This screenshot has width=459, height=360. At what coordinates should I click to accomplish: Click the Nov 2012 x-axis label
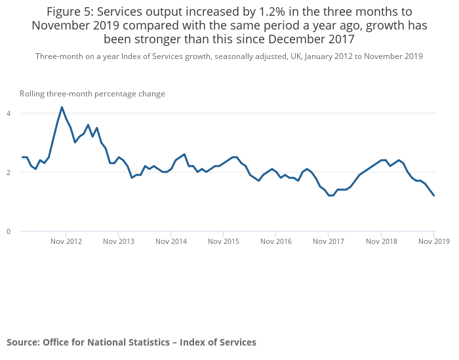[66, 241]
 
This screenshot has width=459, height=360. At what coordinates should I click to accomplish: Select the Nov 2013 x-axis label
[118, 241]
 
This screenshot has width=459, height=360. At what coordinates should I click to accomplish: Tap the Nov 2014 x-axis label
[170, 241]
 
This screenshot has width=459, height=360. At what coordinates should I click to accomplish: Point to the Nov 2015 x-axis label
[224, 241]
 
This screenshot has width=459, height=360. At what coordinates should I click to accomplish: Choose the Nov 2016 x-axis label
[276, 241]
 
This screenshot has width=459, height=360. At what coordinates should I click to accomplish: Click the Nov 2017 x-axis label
[329, 241]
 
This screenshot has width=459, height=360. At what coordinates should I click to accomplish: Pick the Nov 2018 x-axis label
[382, 241]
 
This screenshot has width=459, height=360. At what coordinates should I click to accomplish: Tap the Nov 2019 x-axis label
[434, 241]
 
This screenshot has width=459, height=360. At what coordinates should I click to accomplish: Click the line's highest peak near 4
[62, 108]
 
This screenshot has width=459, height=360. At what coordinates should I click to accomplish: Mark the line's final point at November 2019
[434, 195]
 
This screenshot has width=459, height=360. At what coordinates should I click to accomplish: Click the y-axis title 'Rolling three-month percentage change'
[92, 94]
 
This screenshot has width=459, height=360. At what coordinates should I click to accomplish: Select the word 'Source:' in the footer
[23, 342]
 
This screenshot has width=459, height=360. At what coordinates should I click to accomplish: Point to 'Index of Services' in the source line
[218, 342]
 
